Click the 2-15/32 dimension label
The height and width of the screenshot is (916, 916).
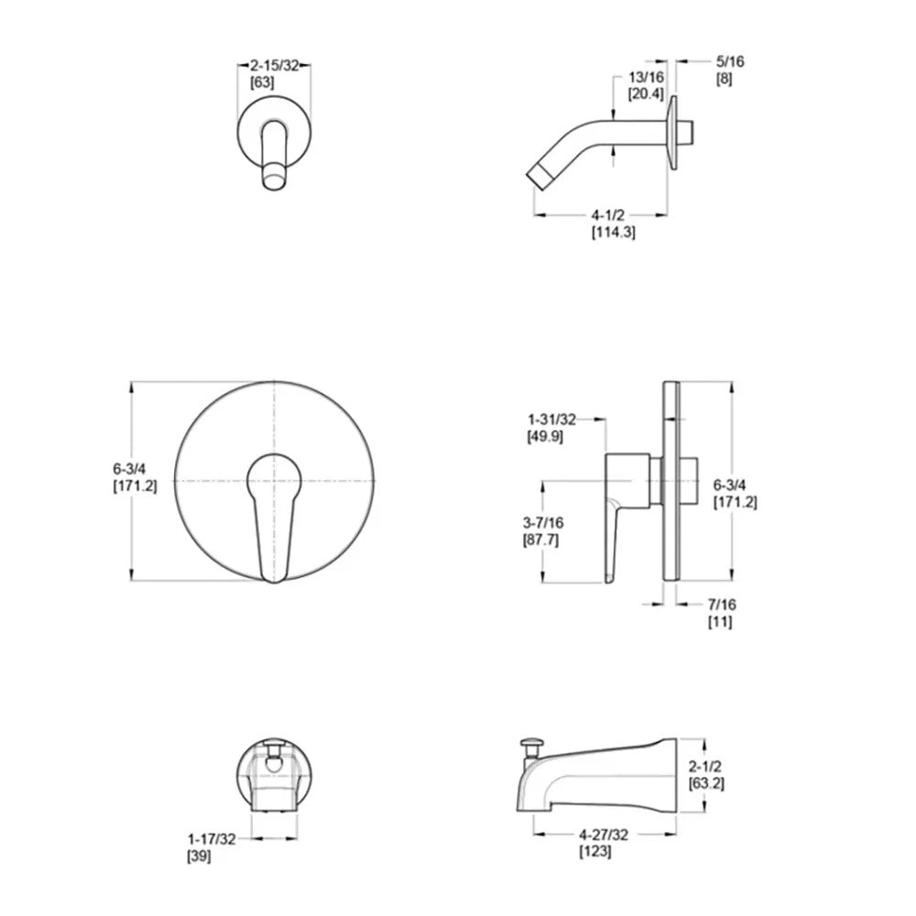click(x=274, y=67)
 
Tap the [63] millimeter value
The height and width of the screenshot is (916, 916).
click(x=262, y=82)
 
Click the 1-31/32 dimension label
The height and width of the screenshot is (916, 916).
click(x=551, y=420)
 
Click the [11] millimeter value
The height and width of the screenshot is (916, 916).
click(x=720, y=621)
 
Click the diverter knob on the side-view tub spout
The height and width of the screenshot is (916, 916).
click(x=529, y=744)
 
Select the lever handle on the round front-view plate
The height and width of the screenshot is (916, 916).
click(x=274, y=513)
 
